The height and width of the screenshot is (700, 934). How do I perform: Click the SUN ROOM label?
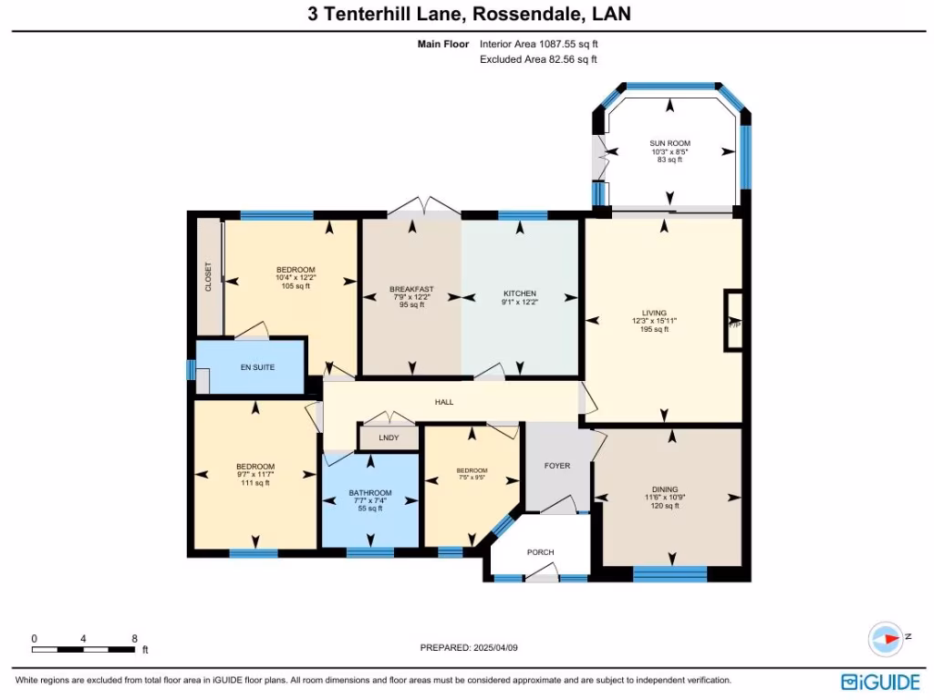[669, 144]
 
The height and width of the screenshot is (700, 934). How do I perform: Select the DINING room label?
[665, 489]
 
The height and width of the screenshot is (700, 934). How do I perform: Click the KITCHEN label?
[519, 293]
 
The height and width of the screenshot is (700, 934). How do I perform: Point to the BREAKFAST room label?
[411, 290]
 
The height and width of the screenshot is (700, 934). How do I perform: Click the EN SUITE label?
[257, 367]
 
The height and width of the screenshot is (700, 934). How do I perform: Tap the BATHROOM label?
[370, 493]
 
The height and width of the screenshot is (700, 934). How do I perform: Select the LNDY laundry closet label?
[389, 438]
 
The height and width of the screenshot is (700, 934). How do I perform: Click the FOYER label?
[557, 466]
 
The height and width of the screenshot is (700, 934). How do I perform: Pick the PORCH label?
[541, 552]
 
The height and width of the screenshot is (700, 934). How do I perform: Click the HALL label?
[444, 402]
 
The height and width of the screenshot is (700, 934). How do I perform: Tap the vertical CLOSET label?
[209, 276]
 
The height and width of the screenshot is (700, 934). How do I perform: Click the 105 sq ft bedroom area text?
[296, 286]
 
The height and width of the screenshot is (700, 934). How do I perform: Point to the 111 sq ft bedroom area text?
[255, 483]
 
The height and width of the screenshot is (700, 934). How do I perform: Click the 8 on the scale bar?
[134, 639]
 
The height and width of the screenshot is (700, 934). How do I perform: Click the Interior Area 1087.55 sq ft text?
[539, 44]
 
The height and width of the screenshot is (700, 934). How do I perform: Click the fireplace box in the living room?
[732, 320]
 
